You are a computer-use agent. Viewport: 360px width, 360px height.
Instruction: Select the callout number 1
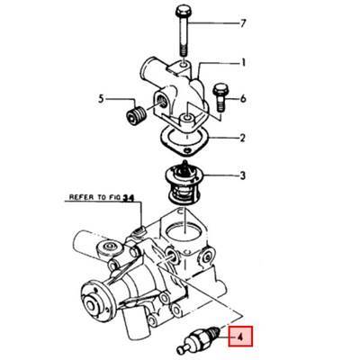click(241, 63)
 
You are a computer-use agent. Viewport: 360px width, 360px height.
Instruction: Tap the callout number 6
click(242, 96)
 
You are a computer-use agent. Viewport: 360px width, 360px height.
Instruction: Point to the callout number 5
click(103, 98)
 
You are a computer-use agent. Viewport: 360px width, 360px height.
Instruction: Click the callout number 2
click(241, 139)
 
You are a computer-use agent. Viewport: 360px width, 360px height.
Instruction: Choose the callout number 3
click(241, 176)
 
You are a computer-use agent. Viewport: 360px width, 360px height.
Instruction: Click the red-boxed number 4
click(241, 338)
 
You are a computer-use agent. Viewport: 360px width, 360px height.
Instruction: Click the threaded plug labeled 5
click(138, 116)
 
